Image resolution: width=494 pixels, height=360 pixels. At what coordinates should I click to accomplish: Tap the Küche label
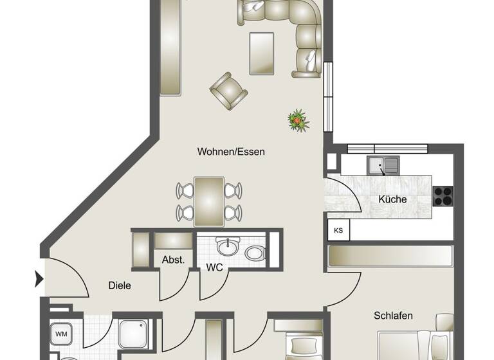pyautogui.click(x=392, y=199)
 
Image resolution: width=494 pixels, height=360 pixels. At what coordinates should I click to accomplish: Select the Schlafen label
pyautogui.click(x=393, y=316)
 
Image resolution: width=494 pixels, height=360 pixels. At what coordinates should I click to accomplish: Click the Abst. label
pyautogui.click(x=173, y=260)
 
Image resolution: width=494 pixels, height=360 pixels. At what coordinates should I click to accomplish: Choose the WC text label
pyautogui.click(x=214, y=267)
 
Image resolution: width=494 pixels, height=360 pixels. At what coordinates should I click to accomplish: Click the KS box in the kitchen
pyautogui.click(x=337, y=230)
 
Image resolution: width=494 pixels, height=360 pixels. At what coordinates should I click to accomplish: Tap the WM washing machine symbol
pyautogui.click(x=61, y=334)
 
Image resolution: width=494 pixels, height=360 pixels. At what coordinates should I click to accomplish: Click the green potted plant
pyautogui.click(x=298, y=120)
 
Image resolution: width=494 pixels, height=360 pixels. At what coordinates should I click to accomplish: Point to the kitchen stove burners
pyautogui.click(x=443, y=195)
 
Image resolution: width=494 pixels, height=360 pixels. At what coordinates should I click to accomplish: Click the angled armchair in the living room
pyautogui.click(x=228, y=91)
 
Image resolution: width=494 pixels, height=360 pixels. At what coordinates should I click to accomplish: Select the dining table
pyautogui.click(x=209, y=201)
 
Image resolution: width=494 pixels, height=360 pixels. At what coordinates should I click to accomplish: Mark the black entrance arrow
pyautogui.click(x=39, y=279)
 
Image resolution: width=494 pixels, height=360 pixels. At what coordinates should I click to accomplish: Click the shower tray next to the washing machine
pyautogui.click(x=134, y=333)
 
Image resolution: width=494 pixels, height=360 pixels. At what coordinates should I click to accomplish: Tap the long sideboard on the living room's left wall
pyautogui.click(x=170, y=46)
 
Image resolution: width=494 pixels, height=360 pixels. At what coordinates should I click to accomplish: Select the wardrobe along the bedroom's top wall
pyautogui.click(x=390, y=256)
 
